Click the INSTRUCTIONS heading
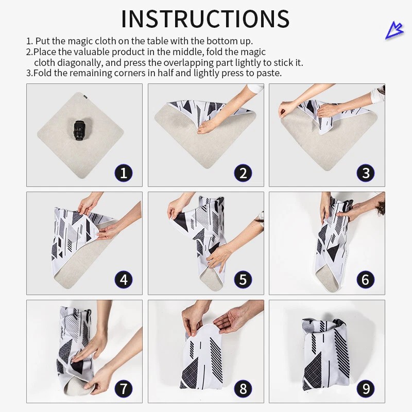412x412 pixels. (205, 19)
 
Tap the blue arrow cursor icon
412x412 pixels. (394, 31)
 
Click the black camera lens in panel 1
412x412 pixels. (78, 131)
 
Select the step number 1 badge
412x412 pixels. (124, 173)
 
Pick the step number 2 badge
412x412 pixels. (243, 173)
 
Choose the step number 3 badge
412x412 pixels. (366, 173)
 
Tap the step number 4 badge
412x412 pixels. (124, 280)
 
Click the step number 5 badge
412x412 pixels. (243, 280)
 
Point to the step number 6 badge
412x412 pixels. (366, 280)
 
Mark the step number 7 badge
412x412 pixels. (124, 389)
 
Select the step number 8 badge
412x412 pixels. (243, 389)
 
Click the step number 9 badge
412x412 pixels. (366, 389)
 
